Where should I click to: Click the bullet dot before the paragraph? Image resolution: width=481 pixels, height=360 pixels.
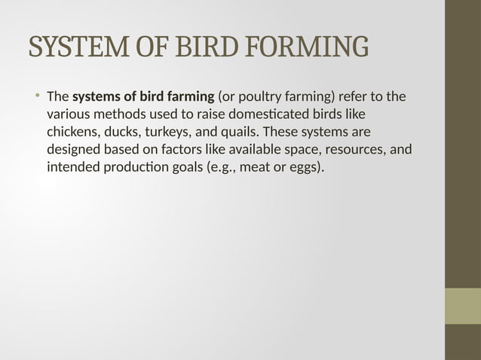point(36,96)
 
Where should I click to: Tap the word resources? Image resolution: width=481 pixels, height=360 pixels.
point(357,149)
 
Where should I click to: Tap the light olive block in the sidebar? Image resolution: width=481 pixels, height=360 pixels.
point(463,306)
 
